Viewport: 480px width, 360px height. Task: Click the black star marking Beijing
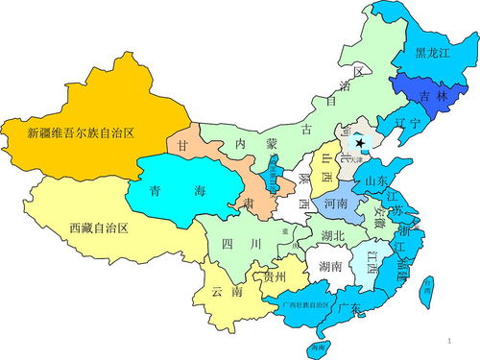[x=361, y=140]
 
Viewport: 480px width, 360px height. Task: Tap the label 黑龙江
[x=433, y=54]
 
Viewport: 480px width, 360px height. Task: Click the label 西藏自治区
[x=99, y=228]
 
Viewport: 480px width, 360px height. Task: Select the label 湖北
[x=334, y=235]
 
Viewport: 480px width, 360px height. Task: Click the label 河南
[x=336, y=204]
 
